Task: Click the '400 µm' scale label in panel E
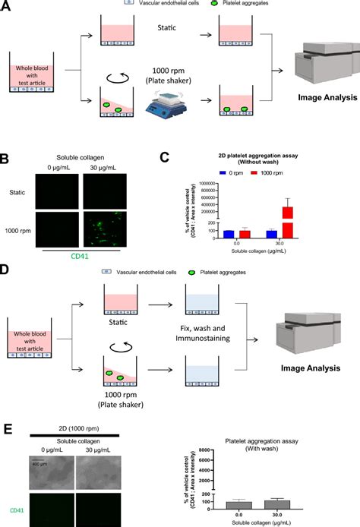point(43,462)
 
